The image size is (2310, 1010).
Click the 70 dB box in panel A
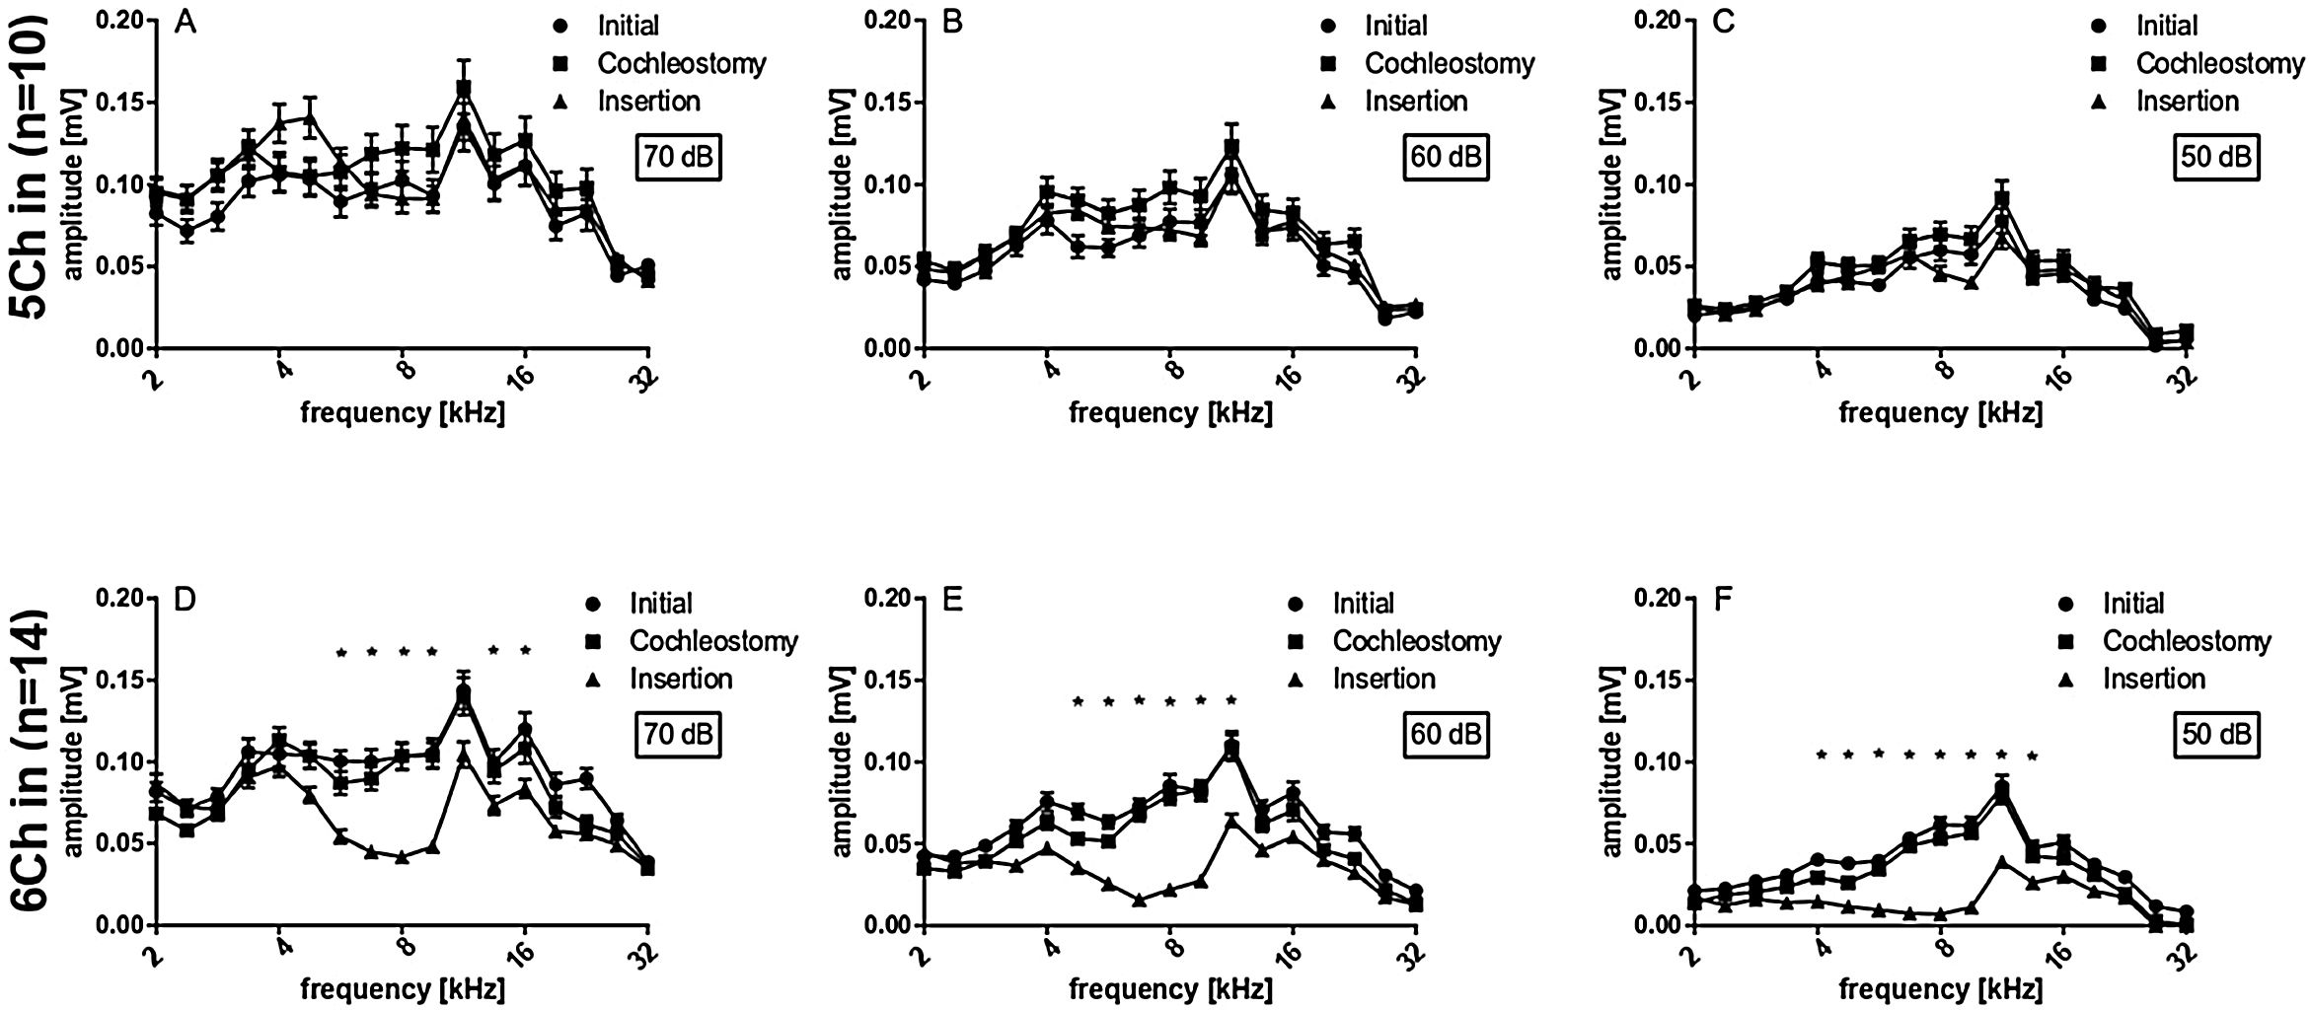coord(678,157)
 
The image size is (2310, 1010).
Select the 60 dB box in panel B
coord(1446,157)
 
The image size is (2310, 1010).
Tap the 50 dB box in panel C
coord(2216,157)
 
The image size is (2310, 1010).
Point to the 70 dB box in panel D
coord(678,735)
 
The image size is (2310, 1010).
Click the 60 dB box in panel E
coord(1446,735)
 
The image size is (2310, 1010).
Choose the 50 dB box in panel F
coord(2216,735)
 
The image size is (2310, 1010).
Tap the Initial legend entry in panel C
coord(2167,26)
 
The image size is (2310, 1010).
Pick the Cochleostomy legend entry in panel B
coord(1449,63)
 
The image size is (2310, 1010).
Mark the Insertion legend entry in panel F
coord(2153,679)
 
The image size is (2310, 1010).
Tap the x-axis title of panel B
coord(1170,412)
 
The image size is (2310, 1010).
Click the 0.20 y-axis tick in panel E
coord(887,598)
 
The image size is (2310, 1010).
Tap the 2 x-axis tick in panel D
coord(153,957)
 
